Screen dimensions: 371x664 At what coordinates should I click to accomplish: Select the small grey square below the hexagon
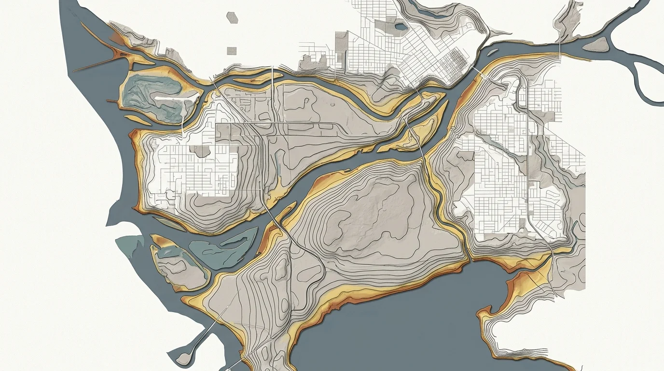pyautogui.click(x=232, y=50)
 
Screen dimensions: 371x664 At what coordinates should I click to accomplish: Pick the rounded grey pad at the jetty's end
pyautogui.click(x=183, y=357)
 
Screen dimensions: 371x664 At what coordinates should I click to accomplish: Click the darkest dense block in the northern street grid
pyautogui.click(x=456, y=60)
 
